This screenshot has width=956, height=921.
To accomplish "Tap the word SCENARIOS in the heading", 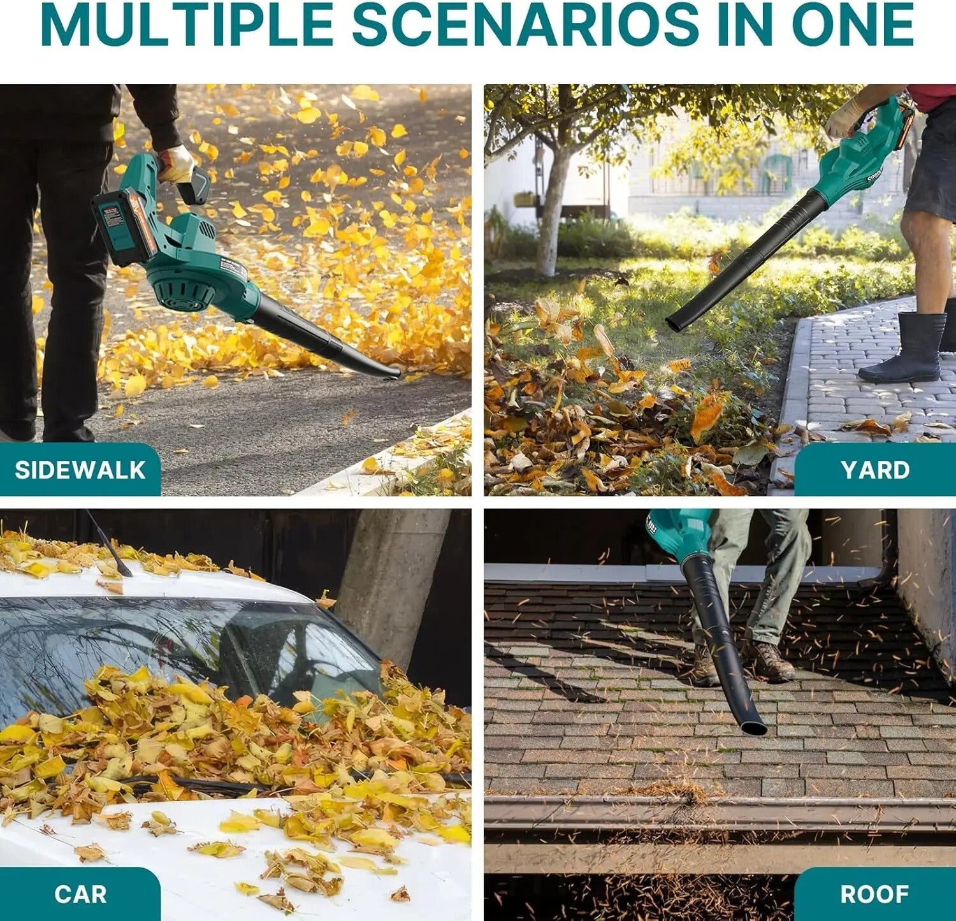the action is (526, 24).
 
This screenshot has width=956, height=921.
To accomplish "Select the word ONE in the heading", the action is (853, 24).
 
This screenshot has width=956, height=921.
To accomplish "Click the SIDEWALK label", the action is (80, 470).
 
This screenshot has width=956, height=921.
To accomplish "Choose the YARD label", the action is (875, 470).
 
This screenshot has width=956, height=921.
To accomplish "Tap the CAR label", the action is (80, 894).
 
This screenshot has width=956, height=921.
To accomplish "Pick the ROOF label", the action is (874, 894).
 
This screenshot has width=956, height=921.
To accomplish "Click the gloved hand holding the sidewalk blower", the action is (175, 163).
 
